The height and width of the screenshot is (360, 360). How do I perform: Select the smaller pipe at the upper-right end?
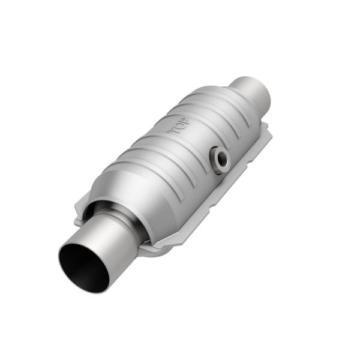pyautogui.click(x=252, y=91)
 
